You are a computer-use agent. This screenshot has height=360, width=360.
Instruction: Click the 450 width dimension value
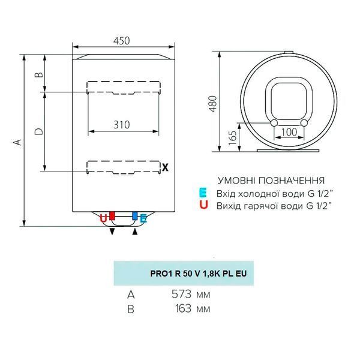click(x=121, y=41)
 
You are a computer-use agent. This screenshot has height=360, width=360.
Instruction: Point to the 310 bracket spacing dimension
click(x=122, y=125)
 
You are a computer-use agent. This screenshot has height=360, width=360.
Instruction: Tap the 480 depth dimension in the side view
click(x=213, y=104)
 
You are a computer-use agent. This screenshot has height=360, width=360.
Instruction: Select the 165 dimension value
click(x=233, y=138)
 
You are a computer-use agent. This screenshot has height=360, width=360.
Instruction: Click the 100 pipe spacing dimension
click(x=289, y=132)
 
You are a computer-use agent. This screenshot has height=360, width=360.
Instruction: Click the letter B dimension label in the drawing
click(x=39, y=74)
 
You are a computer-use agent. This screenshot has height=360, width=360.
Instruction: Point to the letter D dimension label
click(x=39, y=131)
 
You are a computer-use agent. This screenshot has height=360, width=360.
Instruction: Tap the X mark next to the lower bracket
click(x=165, y=167)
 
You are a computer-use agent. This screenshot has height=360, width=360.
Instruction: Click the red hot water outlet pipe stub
click(x=112, y=216)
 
